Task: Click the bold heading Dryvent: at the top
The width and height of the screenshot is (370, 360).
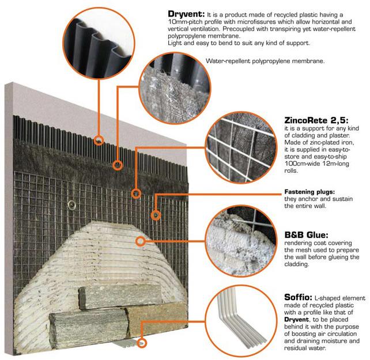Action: (184, 13)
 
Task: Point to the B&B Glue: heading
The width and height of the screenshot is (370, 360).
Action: (306, 234)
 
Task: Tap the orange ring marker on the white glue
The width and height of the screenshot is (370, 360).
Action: (138, 240)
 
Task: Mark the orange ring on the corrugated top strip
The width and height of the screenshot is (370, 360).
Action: (99, 139)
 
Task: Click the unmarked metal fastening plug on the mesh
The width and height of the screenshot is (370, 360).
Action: (71, 203)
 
